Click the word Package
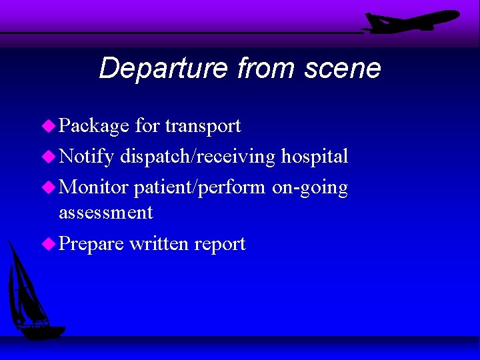coord(93,126)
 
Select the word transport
coord(203,126)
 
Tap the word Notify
coord(86,157)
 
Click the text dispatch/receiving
coord(197,157)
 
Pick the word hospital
coord(314,157)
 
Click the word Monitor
coord(93,187)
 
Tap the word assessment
coord(106,213)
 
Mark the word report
coord(220,245)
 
